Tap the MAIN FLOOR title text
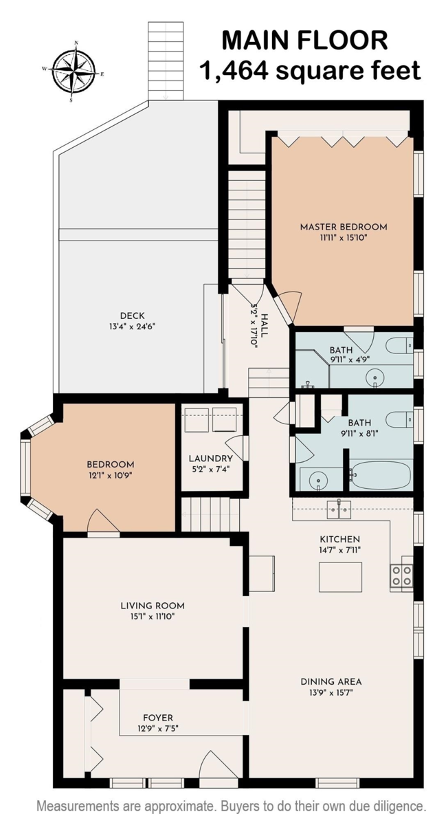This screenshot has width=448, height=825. pyautogui.click(x=304, y=40)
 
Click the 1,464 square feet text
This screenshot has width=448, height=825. pyautogui.click(x=309, y=69)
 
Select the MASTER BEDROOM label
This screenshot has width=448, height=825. pyautogui.click(x=343, y=227)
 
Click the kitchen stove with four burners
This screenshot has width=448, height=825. pyautogui.click(x=401, y=575)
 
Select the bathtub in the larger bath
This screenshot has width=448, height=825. pyautogui.click(x=380, y=474)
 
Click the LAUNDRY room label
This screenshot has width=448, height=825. pyautogui.click(x=210, y=459)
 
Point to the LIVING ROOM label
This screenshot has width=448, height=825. pyautogui.click(x=153, y=606)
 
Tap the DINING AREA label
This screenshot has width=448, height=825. pyautogui.click(x=331, y=682)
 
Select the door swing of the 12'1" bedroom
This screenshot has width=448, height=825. pyautogui.click(x=102, y=521)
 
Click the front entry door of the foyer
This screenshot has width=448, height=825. pyautogui.click(x=219, y=767)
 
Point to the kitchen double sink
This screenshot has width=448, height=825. pyautogui.click(x=339, y=509)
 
